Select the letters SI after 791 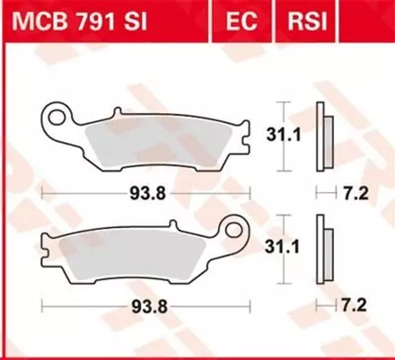[131, 20]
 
